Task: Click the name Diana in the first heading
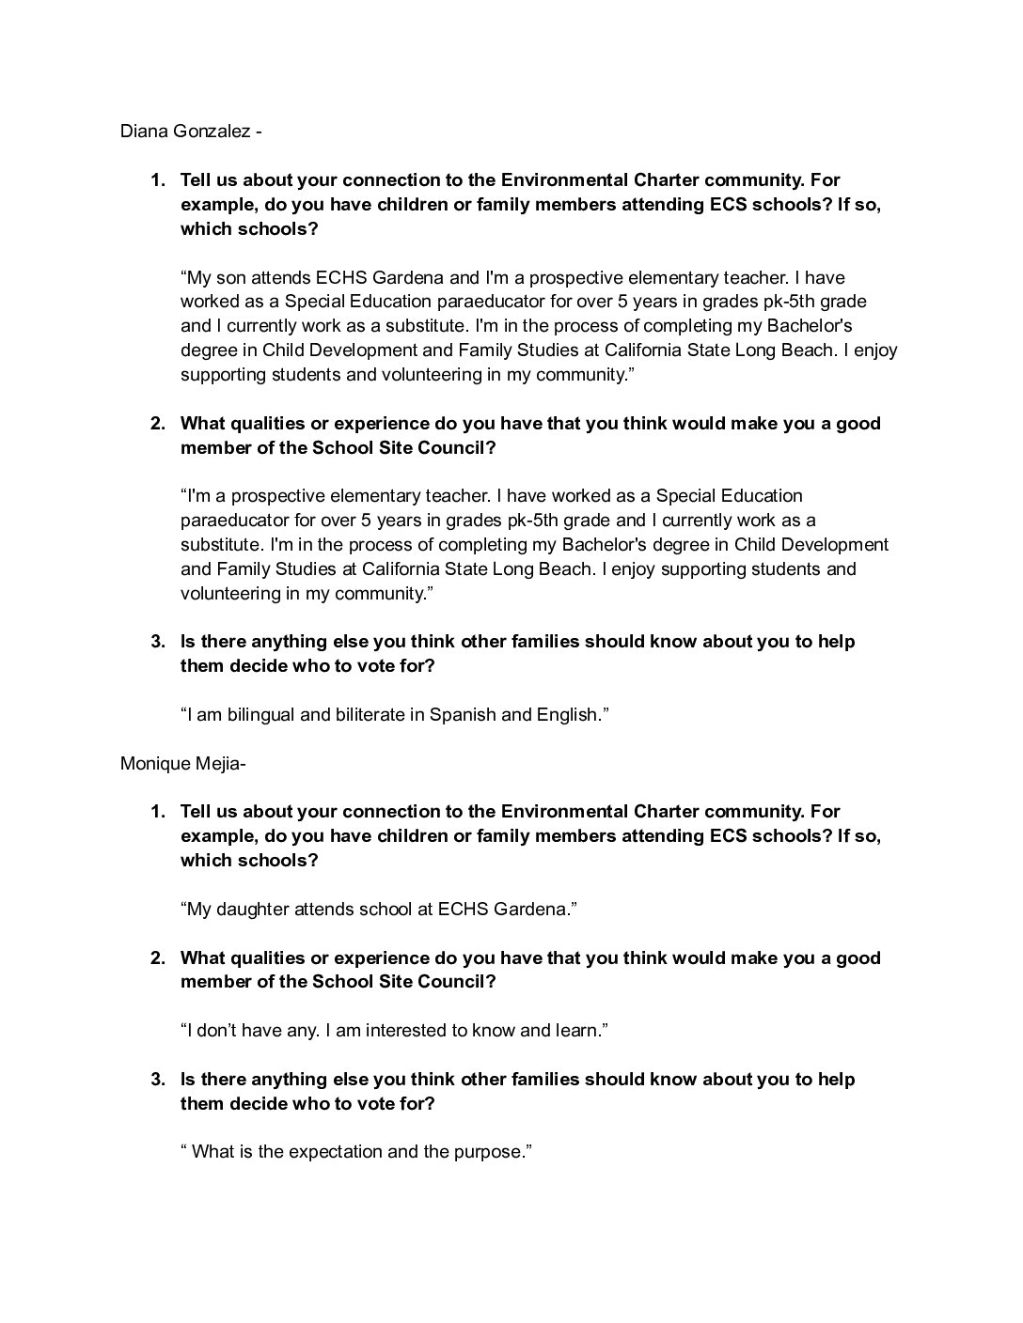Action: pos(141,132)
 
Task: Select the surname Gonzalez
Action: pos(208,132)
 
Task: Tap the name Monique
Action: pos(151,764)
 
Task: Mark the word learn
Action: pos(580,1031)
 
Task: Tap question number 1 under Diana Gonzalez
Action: pos(158,180)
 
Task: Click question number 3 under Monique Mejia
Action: pos(158,1080)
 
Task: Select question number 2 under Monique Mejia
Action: pos(158,958)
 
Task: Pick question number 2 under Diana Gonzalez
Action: pos(158,424)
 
